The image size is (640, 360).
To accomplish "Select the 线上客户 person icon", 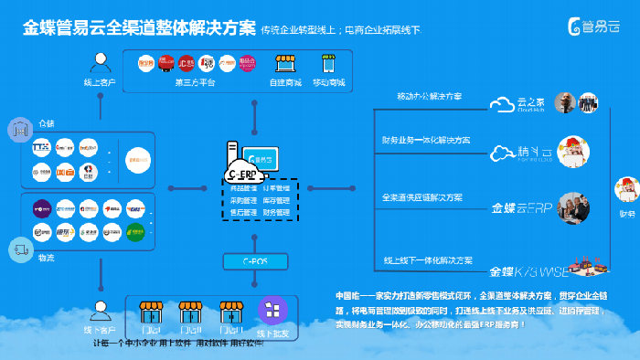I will coord(101,64).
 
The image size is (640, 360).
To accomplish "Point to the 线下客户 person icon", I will coord(101,310).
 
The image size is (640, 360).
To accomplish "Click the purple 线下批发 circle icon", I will coord(272,311).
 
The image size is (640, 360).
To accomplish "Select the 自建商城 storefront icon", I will coord(284,66).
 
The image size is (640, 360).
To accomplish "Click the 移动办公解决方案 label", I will coord(429,97).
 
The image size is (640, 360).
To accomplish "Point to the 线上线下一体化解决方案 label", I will coord(428,260).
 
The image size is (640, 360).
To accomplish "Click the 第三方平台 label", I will coord(194,83).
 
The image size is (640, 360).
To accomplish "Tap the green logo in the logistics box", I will coord(135,229).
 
